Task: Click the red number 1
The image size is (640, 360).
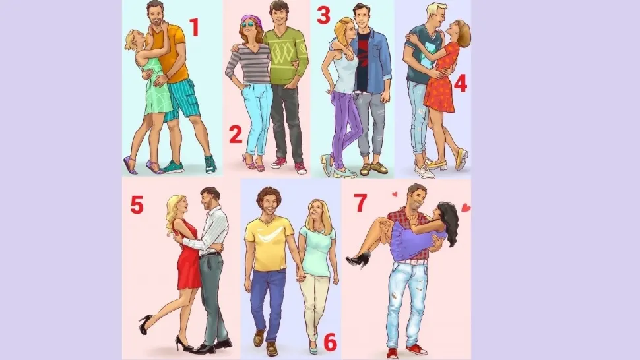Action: click(x=194, y=28)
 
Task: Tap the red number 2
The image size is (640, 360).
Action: click(x=236, y=135)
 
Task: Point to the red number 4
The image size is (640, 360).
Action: click(x=461, y=84)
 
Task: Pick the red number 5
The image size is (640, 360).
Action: click(x=137, y=204)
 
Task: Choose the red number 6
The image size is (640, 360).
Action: click(x=330, y=342)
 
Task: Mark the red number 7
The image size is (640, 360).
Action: click(x=360, y=203)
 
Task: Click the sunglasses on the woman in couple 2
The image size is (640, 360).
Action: click(x=247, y=24)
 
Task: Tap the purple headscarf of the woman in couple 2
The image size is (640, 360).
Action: click(x=248, y=18)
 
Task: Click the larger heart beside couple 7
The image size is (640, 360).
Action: click(x=466, y=208)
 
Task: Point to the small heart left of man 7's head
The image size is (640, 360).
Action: click(x=395, y=195)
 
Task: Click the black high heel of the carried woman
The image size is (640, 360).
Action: click(x=358, y=259)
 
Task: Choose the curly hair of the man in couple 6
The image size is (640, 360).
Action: click(x=268, y=195)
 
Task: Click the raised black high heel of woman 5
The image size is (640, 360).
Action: click(x=145, y=324)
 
